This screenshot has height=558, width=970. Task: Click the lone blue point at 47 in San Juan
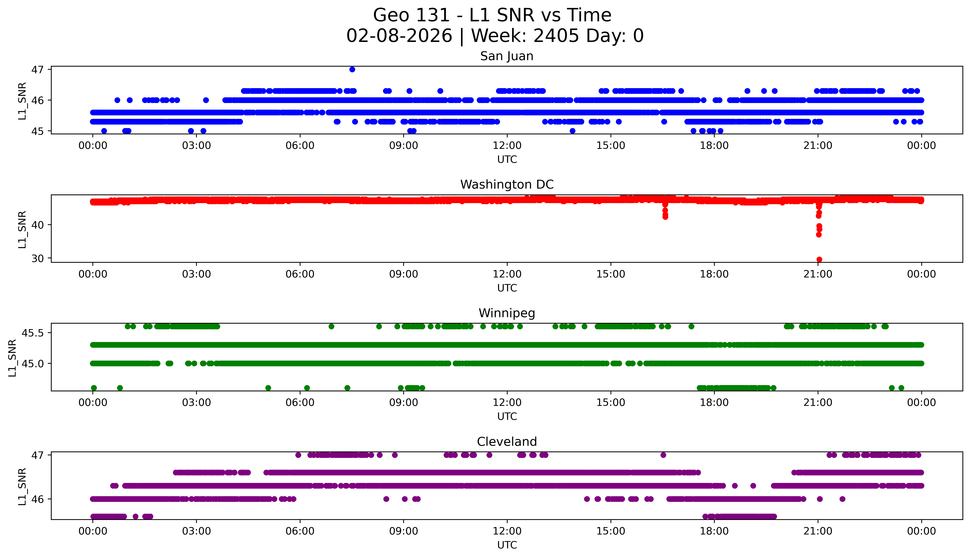(352, 69)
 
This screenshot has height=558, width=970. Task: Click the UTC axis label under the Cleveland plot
(507, 545)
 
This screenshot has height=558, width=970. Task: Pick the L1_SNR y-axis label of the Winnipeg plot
(12, 358)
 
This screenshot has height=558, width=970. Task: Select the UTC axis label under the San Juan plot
(507, 160)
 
